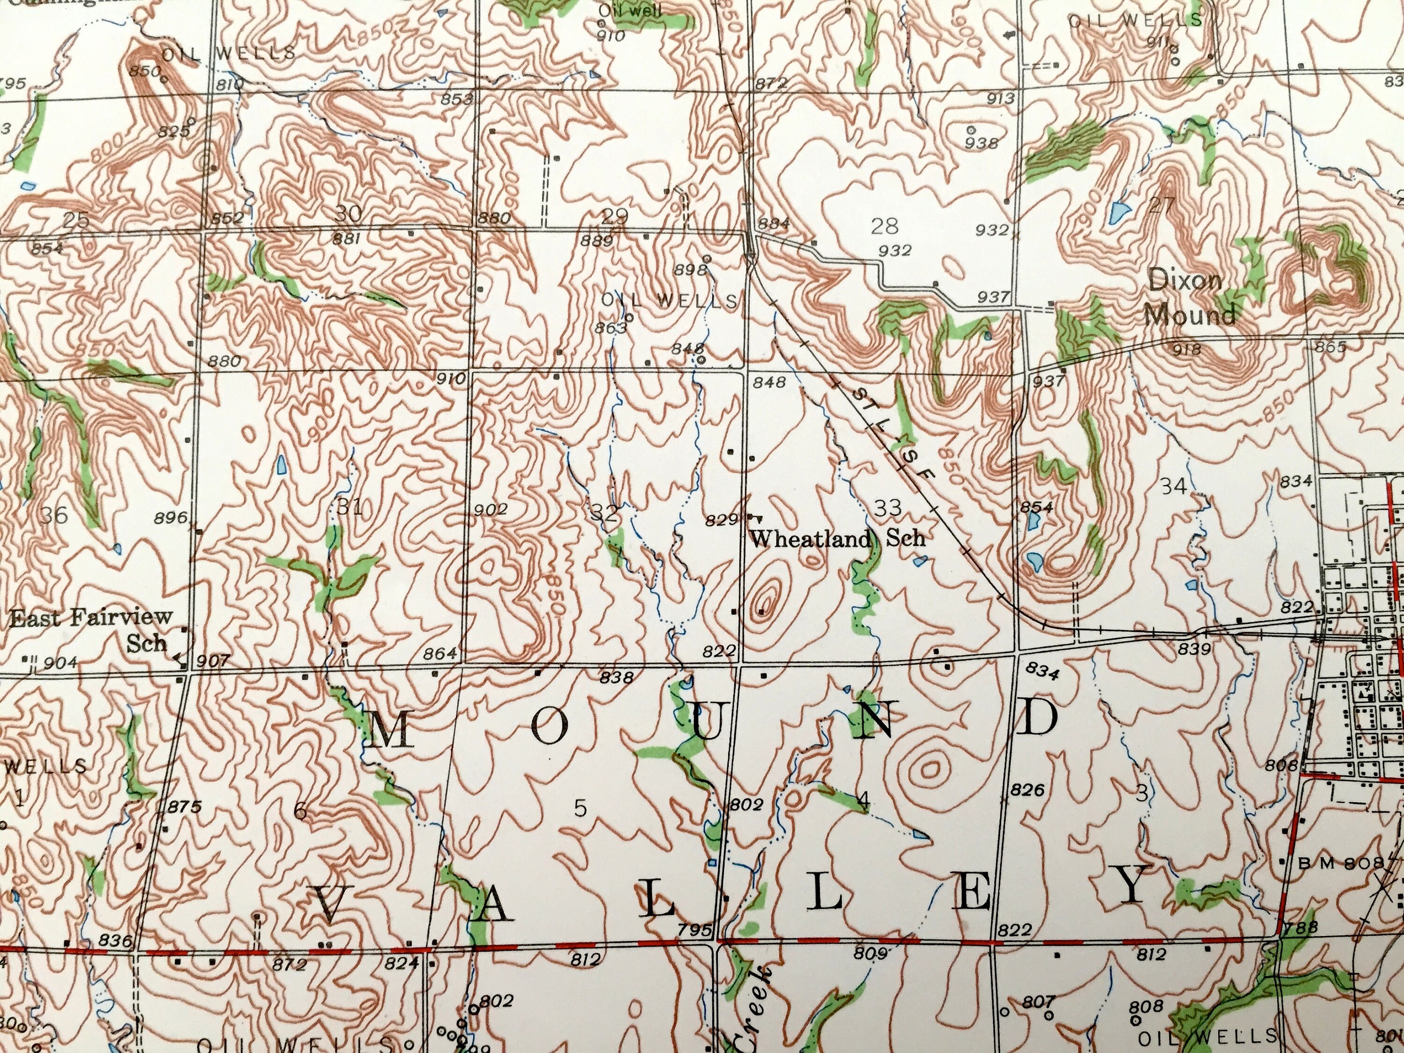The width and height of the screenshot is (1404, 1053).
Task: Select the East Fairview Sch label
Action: point(91,629)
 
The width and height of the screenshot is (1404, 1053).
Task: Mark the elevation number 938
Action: point(981,144)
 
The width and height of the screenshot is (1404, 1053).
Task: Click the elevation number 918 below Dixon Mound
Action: point(1188,349)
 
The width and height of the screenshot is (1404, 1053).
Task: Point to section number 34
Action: point(1174,487)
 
